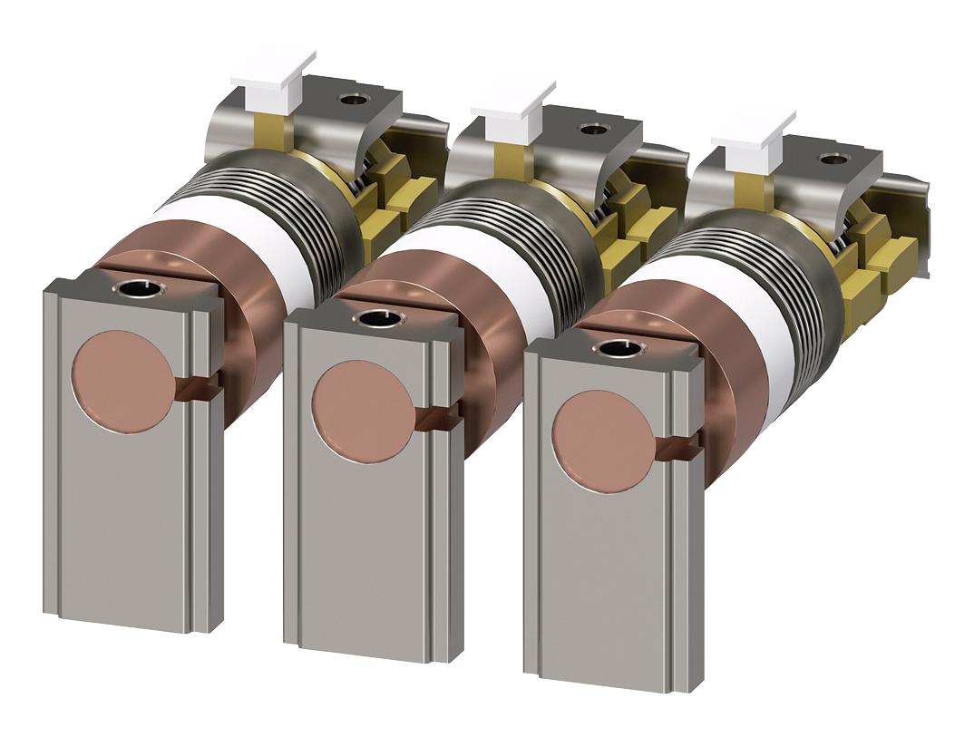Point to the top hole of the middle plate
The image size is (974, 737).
(x=376, y=318)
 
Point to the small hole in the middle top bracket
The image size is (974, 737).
(x=592, y=129)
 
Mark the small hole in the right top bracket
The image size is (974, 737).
(x=832, y=159)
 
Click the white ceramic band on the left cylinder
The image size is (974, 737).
(x=272, y=245)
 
